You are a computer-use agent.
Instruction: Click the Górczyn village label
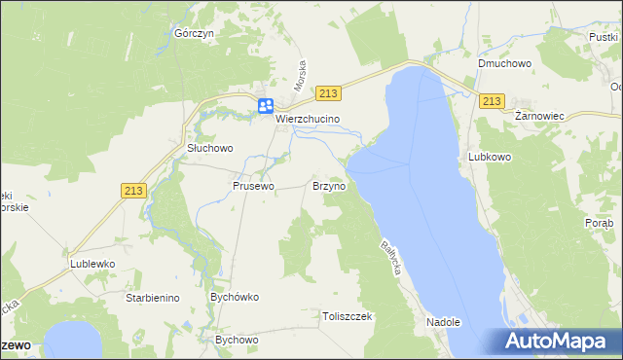(193, 32)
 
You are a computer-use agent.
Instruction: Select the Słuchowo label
(210, 149)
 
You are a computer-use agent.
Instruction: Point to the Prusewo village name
(253, 185)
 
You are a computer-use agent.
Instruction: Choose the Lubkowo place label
(490, 156)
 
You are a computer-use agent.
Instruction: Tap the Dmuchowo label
(502, 64)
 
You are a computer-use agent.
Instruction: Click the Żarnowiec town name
(539, 115)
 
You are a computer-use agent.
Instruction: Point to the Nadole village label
(443, 321)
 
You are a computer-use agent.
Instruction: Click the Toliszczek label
(348, 316)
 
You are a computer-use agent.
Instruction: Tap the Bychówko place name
(233, 296)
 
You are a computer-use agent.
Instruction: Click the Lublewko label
(92, 264)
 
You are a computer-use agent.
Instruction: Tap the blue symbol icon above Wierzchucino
(265, 107)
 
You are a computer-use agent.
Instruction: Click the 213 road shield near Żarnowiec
(492, 101)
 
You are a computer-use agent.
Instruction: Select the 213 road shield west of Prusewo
(134, 192)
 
